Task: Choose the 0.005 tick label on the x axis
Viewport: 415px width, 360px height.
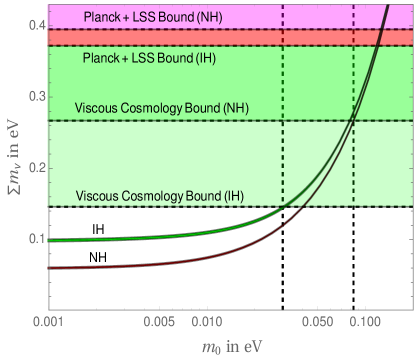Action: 158,324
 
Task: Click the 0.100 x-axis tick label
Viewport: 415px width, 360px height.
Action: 363,324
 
